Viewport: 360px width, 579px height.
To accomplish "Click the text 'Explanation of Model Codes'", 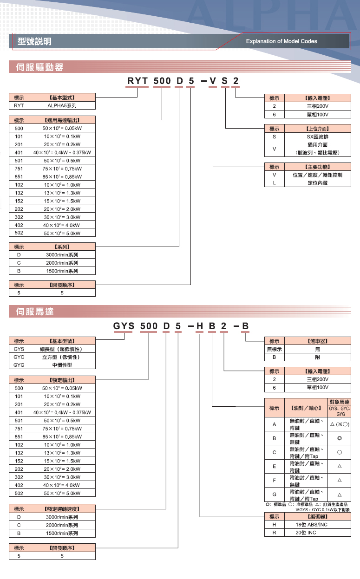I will (281, 41).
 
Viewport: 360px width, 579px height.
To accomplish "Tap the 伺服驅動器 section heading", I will (39, 68).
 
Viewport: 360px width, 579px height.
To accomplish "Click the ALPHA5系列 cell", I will (62, 105).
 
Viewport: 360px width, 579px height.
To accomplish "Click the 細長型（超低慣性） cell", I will (62, 349).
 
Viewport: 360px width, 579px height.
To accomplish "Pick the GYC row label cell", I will (19, 357).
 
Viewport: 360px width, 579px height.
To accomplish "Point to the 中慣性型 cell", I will (62, 365).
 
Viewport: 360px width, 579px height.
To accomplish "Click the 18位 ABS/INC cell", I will (312, 524).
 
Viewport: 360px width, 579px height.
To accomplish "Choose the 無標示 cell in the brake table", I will (274, 349).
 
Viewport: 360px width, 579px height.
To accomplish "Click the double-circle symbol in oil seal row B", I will (340, 438).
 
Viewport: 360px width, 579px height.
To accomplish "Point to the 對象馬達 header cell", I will (340, 402).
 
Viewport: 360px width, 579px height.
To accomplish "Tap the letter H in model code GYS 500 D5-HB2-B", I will (200, 326).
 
